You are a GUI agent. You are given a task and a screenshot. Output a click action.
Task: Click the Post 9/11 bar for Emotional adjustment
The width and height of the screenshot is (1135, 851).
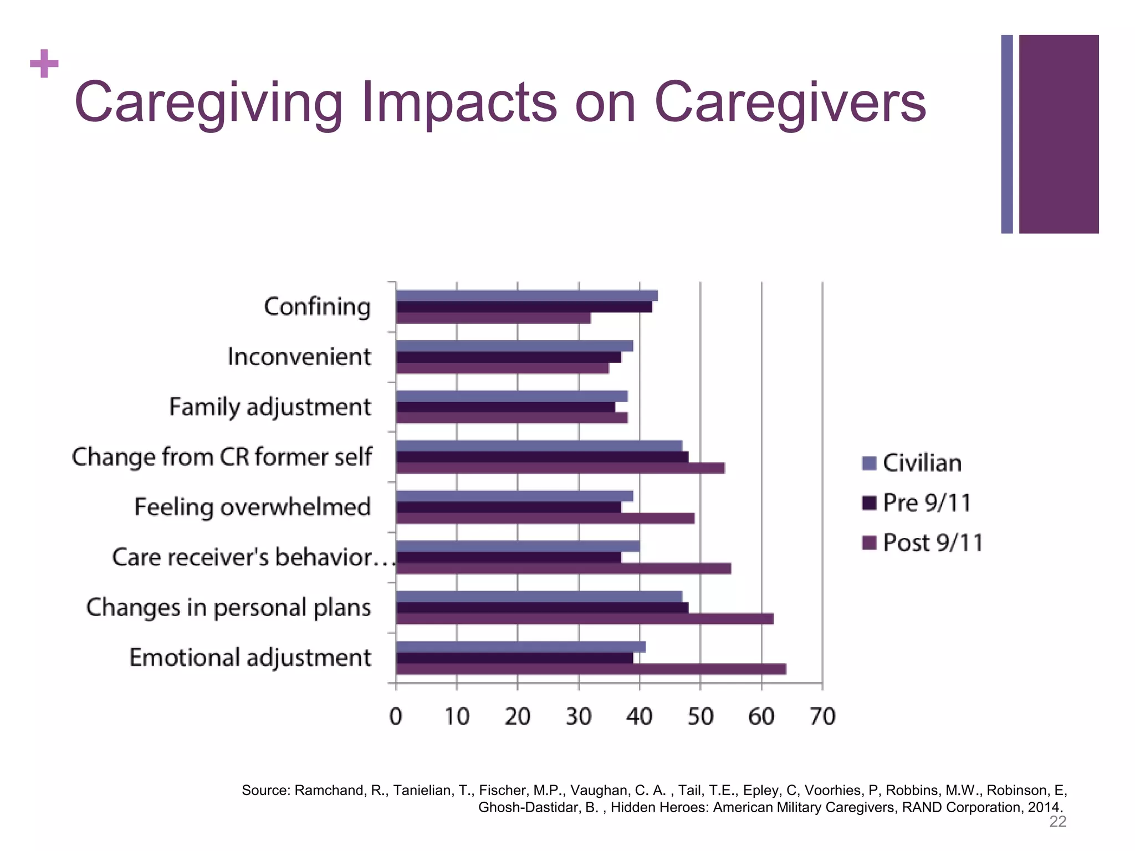coord(591,669)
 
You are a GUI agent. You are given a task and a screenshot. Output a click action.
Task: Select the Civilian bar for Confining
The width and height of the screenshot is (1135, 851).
coord(526,296)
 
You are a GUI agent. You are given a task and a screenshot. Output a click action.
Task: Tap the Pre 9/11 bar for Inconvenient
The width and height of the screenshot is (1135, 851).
coord(508,357)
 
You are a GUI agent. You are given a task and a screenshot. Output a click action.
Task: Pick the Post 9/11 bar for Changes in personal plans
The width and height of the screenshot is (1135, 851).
coord(585,619)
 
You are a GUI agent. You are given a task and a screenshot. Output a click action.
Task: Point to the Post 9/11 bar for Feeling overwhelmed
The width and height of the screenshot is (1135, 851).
coord(545,519)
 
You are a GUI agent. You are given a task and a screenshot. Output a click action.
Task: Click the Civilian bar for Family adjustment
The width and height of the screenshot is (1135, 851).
coord(512,396)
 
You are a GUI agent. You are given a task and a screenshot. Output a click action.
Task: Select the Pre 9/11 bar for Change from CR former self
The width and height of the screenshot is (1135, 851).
coord(542,457)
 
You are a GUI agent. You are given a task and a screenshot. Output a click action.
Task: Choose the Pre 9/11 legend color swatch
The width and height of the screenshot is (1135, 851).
coord(870,503)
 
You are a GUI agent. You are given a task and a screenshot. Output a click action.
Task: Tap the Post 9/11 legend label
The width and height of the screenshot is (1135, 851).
coord(933,542)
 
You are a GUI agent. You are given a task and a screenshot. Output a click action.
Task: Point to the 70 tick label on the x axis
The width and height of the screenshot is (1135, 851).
coord(822,717)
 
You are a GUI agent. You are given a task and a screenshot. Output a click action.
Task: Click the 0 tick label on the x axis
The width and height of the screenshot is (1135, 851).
coord(396,717)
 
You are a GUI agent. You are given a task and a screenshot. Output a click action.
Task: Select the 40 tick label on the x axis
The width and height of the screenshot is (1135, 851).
coord(640,717)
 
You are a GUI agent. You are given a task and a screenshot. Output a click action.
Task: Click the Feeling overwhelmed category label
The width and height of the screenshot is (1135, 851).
coord(252,507)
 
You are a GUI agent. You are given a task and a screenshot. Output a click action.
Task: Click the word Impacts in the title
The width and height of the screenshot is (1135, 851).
coord(459,102)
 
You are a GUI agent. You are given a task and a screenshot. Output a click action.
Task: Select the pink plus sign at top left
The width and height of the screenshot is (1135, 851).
coord(44,64)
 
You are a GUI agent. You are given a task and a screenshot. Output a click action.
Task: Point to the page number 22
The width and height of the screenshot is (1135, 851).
coord(1057,822)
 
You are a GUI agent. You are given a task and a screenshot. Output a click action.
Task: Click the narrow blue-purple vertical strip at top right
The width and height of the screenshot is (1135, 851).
coord(1007,134)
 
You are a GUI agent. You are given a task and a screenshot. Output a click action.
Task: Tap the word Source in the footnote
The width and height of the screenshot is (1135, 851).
coord(264,790)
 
